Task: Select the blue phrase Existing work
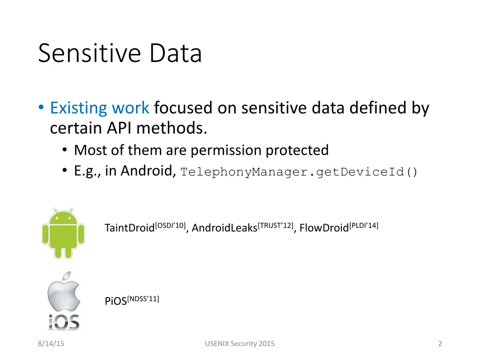click(x=100, y=108)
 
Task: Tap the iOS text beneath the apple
click(x=63, y=322)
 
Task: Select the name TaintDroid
click(x=129, y=228)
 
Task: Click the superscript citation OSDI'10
click(x=171, y=225)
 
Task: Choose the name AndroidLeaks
click(x=225, y=228)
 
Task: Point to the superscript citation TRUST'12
click(x=276, y=225)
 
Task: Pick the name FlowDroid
click(x=324, y=228)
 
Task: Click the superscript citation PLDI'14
click(x=364, y=225)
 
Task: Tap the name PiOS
click(x=116, y=301)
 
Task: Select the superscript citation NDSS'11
click(x=143, y=298)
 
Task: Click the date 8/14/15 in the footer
click(x=51, y=344)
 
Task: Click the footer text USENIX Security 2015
click(x=240, y=344)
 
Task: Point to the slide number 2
click(x=440, y=344)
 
